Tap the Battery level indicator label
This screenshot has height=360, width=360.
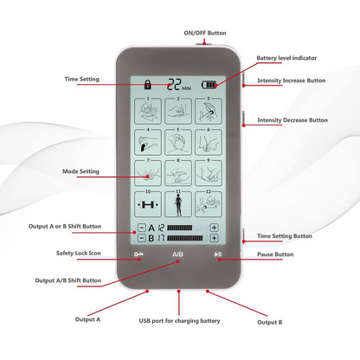coord(286,59)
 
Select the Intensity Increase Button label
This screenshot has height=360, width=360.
coord(292,80)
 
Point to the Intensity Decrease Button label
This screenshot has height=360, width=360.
coord(292,119)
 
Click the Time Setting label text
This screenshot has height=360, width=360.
coord(82,79)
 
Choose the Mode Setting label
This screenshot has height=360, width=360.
coord(82,171)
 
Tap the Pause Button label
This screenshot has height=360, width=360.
coord(276,254)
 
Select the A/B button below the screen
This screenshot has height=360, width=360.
coord(178,254)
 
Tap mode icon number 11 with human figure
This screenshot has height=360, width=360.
coord(179,204)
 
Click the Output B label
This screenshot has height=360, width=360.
coord(269,322)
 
